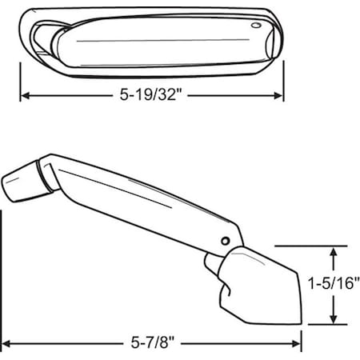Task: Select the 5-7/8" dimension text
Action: (153, 342)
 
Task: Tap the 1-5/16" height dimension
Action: (334, 283)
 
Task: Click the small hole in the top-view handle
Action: (256, 26)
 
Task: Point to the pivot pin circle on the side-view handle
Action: (226, 241)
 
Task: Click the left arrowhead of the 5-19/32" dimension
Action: (25, 96)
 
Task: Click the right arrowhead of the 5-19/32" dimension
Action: (278, 96)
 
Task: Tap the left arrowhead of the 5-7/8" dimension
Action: (6, 344)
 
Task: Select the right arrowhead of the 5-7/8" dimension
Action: (296, 344)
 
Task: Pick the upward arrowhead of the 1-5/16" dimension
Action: (334, 252)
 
